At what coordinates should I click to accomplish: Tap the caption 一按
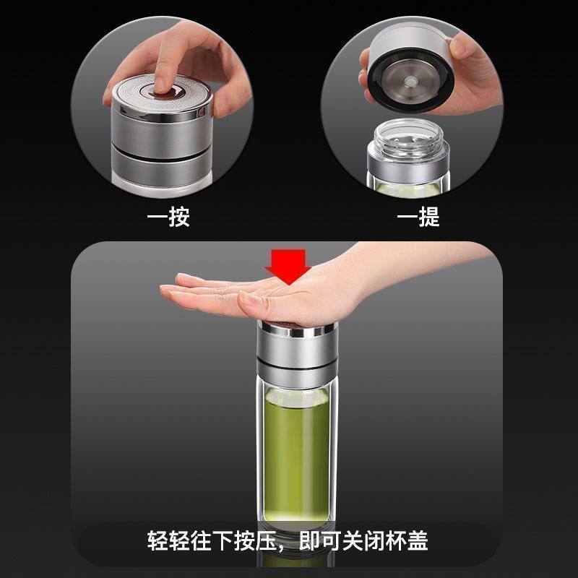pyautogui.click(x=168, y=217)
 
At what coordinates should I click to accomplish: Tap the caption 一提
pyautogui.click(x=418, y=217)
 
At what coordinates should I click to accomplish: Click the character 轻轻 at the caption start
pyautogui.click(x=168, y=540)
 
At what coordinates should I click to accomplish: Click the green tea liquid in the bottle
pyautogui.click(x=289, y=448)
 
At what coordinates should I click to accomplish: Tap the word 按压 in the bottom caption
pyautogui.click(x=249, y=540)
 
